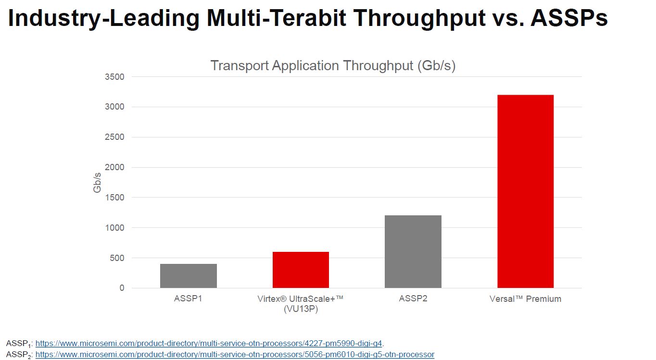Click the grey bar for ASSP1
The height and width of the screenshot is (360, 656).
tap(189, 276)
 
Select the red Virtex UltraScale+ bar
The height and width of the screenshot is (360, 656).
tap(301, 270)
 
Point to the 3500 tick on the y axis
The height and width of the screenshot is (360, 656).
tap(115, 77)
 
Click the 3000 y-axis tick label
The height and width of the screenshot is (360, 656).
tap(115, 107)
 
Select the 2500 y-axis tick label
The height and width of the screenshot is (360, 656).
tap(115, 137)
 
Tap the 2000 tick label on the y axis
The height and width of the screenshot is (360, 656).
tap(115, 168)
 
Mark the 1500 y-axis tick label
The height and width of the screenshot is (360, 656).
tap(115, 198)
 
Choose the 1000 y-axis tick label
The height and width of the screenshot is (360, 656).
tap(115, 228)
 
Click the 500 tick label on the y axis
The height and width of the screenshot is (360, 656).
tap(117, 258)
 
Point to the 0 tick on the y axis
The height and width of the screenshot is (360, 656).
tap(122, 288)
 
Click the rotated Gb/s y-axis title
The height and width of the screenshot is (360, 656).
tap(98, 183)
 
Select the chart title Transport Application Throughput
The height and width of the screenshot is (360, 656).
tap(333, 65)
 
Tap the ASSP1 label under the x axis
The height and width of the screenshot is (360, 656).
tap(188, 298)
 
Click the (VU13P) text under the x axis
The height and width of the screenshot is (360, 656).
tap(301, 309)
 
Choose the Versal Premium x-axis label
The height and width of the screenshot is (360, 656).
tap(525, 298)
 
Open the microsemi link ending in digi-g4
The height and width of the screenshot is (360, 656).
tap(209, 343)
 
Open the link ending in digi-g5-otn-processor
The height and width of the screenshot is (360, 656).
tap(235, 354)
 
